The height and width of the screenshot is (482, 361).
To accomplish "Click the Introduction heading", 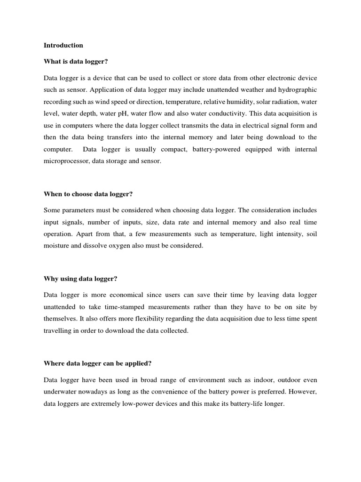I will [63, 46].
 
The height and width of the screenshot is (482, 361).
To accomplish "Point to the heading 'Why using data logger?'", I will [80, 279].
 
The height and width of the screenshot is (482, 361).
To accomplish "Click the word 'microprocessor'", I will [65, 161].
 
